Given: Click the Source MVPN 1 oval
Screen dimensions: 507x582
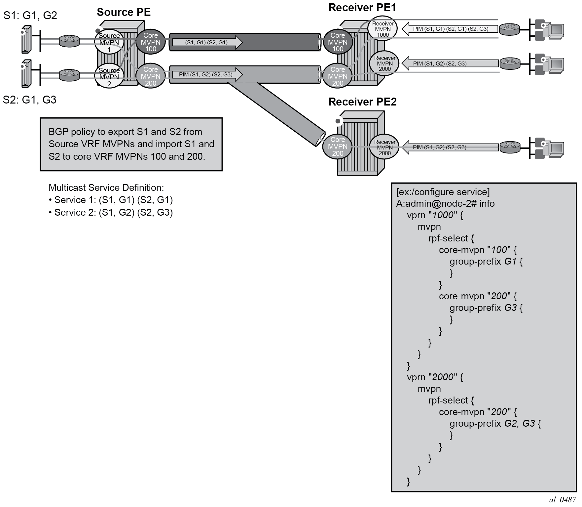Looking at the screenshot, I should [109, 42].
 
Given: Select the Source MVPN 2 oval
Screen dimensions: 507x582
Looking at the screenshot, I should [109, 77].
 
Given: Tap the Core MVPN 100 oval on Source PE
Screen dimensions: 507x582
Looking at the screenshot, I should [151, 42].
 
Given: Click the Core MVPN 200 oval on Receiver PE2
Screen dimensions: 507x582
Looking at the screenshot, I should [338, 146].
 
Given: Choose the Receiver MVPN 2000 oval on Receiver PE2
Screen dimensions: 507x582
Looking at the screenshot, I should [384, 148].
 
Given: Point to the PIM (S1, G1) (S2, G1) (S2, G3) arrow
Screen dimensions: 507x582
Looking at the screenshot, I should [450, 29].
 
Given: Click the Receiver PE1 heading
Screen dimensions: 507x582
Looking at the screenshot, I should [362, 8].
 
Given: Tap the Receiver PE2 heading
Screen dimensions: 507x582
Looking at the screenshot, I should [362, 102].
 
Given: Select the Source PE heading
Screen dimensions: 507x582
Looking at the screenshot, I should [124, 12].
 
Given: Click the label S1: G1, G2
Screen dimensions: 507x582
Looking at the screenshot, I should [30, 15].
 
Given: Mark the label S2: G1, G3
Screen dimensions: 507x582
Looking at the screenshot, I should [29, 100].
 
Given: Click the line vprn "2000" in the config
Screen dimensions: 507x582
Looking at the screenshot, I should [434, 377].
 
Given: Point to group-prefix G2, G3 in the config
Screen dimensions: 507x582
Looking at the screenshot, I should [494, 423].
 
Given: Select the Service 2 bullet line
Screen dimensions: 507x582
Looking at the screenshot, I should [111, 212].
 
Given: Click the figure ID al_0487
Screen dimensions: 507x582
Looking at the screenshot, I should [563, 500].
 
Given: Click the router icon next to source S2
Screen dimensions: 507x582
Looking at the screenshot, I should [69, 75].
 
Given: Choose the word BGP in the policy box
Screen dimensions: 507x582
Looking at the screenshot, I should [58, 132].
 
